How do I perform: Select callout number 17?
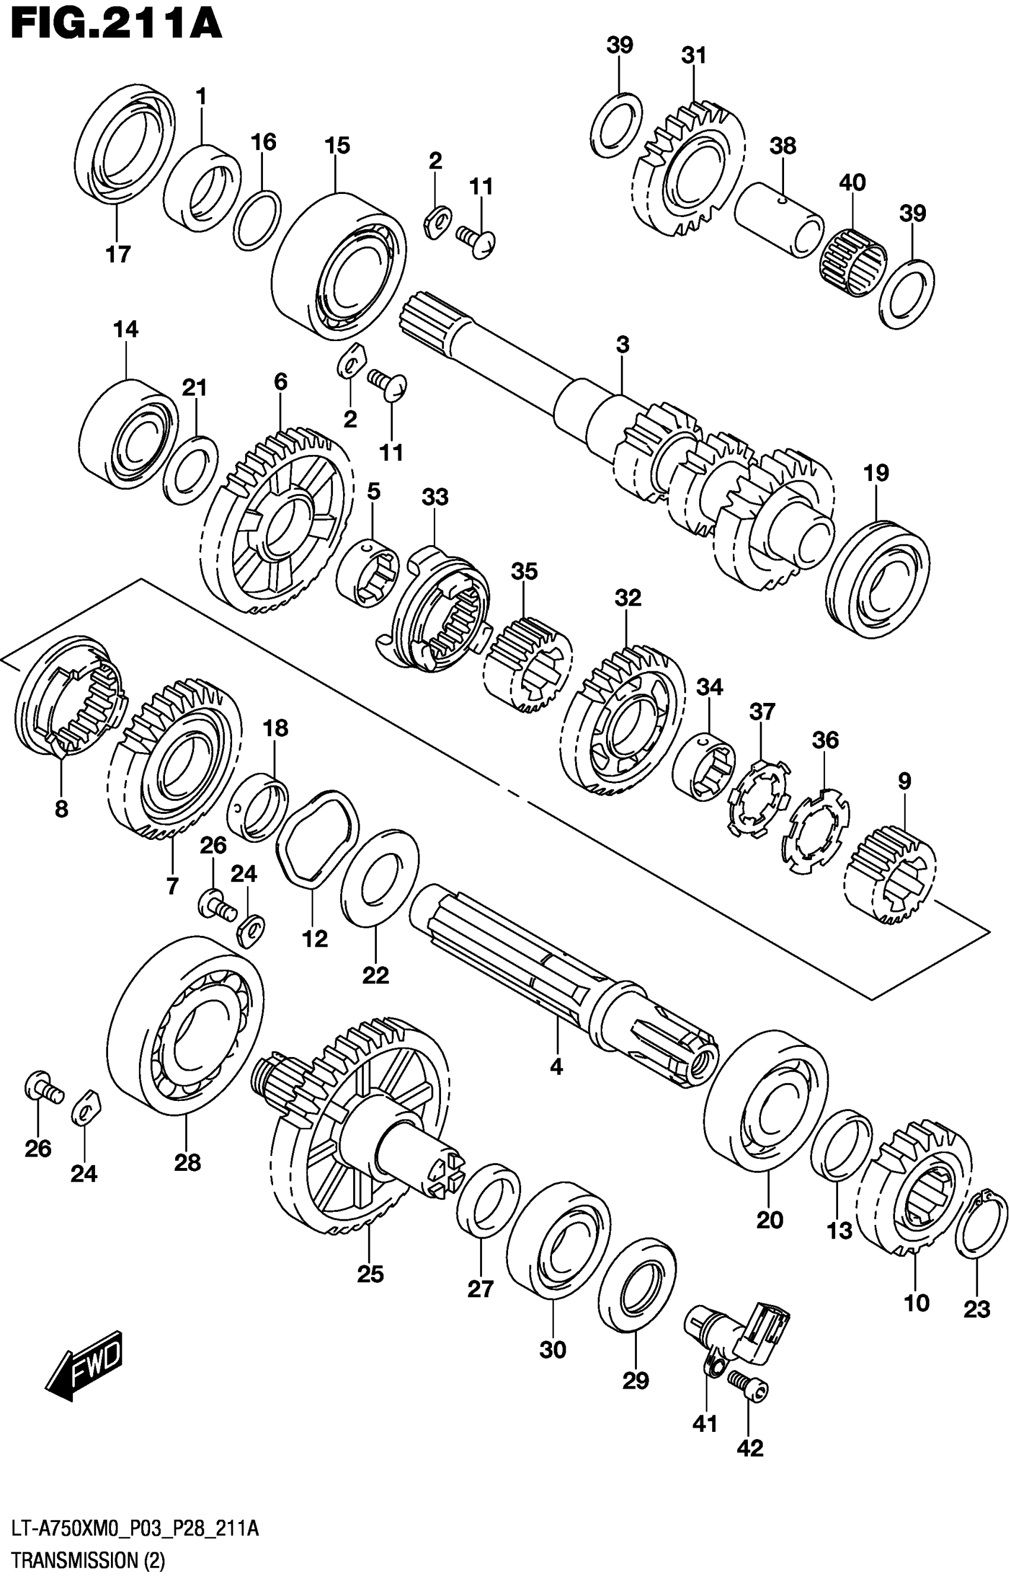click(x=118, y=254)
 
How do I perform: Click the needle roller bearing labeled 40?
click(x=852, y=262)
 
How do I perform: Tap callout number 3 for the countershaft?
click(x=623, y=345)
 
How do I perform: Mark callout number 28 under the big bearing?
click(x=187, y=1163)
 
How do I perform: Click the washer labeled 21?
click(x=189, y=470)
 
